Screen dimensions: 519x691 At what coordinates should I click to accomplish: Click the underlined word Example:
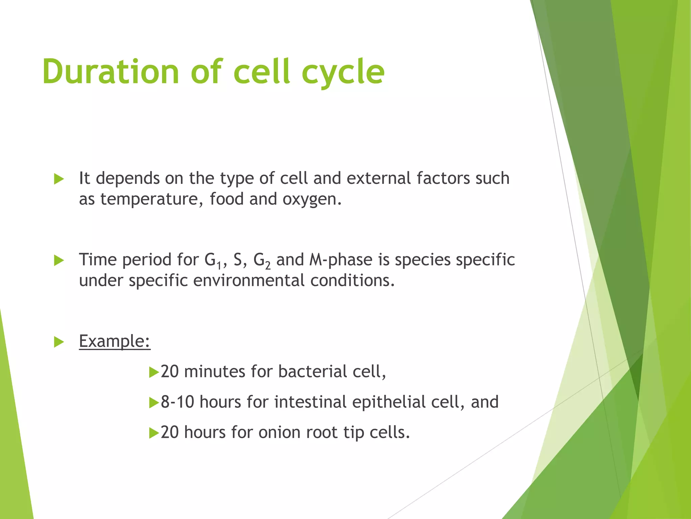coord(114,341)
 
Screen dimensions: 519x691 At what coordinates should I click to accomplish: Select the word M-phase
coord(340,260)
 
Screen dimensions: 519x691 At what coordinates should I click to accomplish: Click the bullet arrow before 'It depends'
coord(59,179)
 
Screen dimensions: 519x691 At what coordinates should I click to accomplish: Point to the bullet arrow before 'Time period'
coord(59,261)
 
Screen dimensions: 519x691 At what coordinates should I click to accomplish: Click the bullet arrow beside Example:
coord(59,342)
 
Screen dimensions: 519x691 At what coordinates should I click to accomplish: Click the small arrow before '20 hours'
coord(154,433)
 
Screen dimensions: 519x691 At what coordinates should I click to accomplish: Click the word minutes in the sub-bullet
coord(215,372)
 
